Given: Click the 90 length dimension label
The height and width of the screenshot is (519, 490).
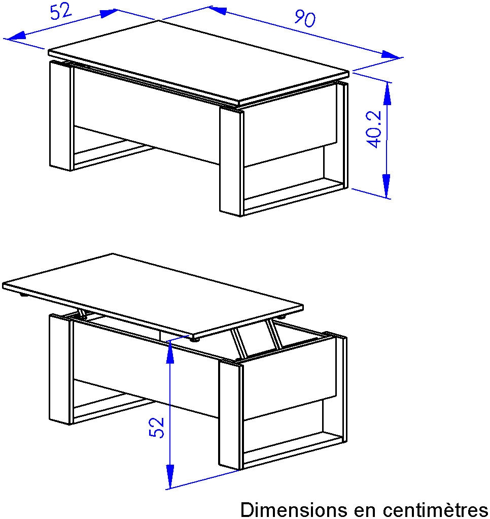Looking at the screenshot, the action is (305, 18).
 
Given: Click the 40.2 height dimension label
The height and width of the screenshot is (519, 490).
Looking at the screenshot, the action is (374, 129).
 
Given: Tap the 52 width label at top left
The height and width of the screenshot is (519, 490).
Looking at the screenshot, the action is (61, 11).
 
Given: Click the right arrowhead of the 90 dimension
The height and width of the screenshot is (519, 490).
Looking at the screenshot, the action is (391, 55).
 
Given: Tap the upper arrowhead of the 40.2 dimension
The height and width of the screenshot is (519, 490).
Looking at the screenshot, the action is (388, 94).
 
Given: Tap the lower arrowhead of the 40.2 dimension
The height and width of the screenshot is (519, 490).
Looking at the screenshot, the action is (386, 186).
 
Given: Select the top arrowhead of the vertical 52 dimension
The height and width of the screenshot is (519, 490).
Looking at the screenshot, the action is (170, 352).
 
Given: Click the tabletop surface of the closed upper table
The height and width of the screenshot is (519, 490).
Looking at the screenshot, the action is (198, 61).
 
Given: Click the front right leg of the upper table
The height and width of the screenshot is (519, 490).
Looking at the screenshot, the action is (232, 162).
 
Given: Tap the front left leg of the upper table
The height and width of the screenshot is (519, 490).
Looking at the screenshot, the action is (61, 115).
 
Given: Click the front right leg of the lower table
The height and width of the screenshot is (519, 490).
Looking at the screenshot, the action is (231, 415).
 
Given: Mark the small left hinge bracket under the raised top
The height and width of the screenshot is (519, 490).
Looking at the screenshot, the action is (82, 314).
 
